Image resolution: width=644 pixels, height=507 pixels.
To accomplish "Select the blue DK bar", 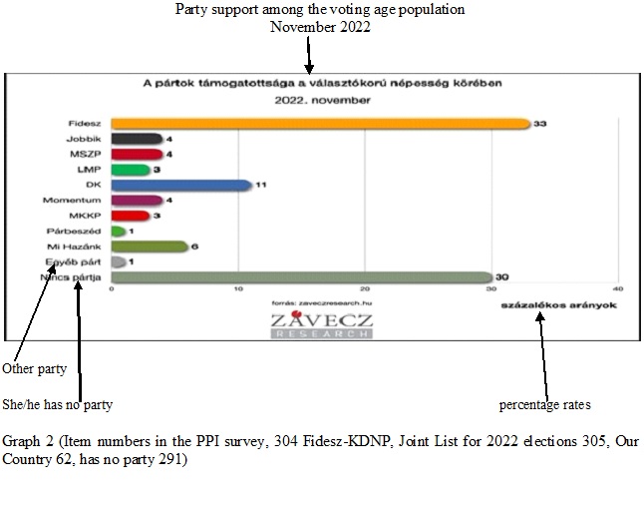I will click(x=180, y=185).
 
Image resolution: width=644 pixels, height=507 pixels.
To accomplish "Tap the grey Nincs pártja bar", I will click(x=301, y=277).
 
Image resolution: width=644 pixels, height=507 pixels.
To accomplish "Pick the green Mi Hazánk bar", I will click(x=149, y=247).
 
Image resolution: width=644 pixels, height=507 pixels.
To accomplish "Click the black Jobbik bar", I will click(x=137, y=139).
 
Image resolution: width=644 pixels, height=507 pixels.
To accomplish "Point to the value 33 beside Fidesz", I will click(x=541, y=124).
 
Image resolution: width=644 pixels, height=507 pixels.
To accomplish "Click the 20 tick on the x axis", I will click(x=365, y=289).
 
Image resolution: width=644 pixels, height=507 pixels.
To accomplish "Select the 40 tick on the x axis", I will click(x=618, y=289).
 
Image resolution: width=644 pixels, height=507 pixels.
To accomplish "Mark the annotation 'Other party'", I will click(x=34, y=369).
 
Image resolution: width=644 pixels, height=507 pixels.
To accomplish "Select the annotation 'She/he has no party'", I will click(x=58, y=404).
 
